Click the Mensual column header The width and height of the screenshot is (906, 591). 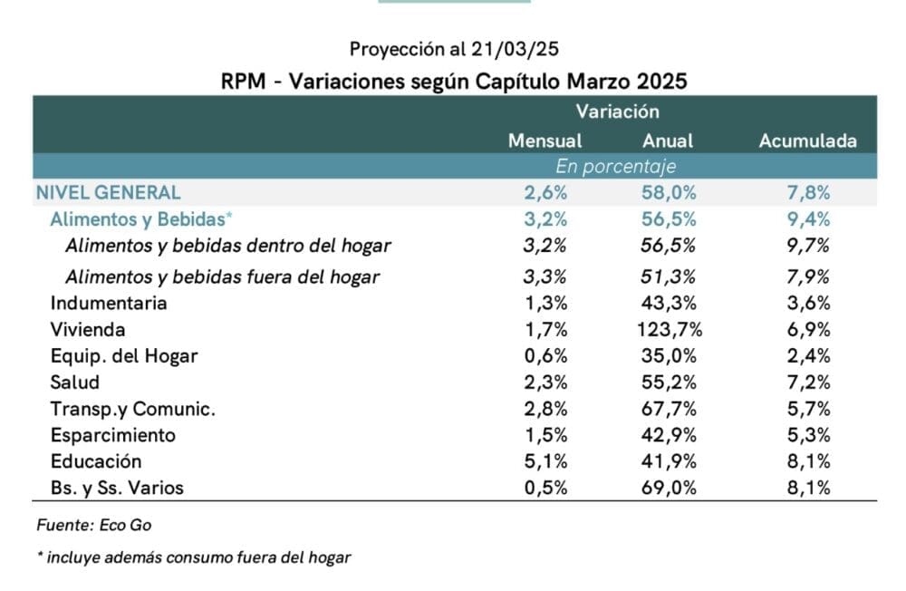pyautogui.click(x=545, y=141)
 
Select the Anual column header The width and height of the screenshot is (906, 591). pyautogui.click(x=668, y=141)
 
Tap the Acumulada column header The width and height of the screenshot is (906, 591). pyautogui.click(x=807, y=141)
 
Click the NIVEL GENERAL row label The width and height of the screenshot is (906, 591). pyautogui.click(x=108, y=192)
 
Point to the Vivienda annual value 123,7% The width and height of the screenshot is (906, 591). pyautogui.click(x=668, y=330)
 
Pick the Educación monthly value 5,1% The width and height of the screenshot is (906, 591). pyautogui.click(x=545, y=461)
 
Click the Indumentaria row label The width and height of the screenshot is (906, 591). pyautogui.click(x=109, y=304)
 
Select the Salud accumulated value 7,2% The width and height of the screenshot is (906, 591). pyautogui.click(x=808, y=383)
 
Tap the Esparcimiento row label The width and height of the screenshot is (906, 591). pyautogui.click(x=113, y=435)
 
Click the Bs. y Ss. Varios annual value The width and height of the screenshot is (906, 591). pyautogui.click(x=668, y=488)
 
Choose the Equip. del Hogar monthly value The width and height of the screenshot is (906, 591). pyautogui.click(x=545, y=356)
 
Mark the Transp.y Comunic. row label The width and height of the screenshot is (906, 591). pyautogui.click(x=133, y=409)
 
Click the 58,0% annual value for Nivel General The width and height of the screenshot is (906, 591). pyautogui.click(x=668, y=192)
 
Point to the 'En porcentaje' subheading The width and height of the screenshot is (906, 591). pyautogui.click(x=616, y=167)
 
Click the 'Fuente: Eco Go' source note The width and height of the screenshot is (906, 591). pyautogui.click(x=82, y=525)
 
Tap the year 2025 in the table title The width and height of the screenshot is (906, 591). pyautogui.click(x=660, y=81)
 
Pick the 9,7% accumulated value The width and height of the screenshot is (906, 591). pyautogui.click(x=808, y=245)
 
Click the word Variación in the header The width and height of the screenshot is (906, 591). pyautogui.click(x=616, y=112)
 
